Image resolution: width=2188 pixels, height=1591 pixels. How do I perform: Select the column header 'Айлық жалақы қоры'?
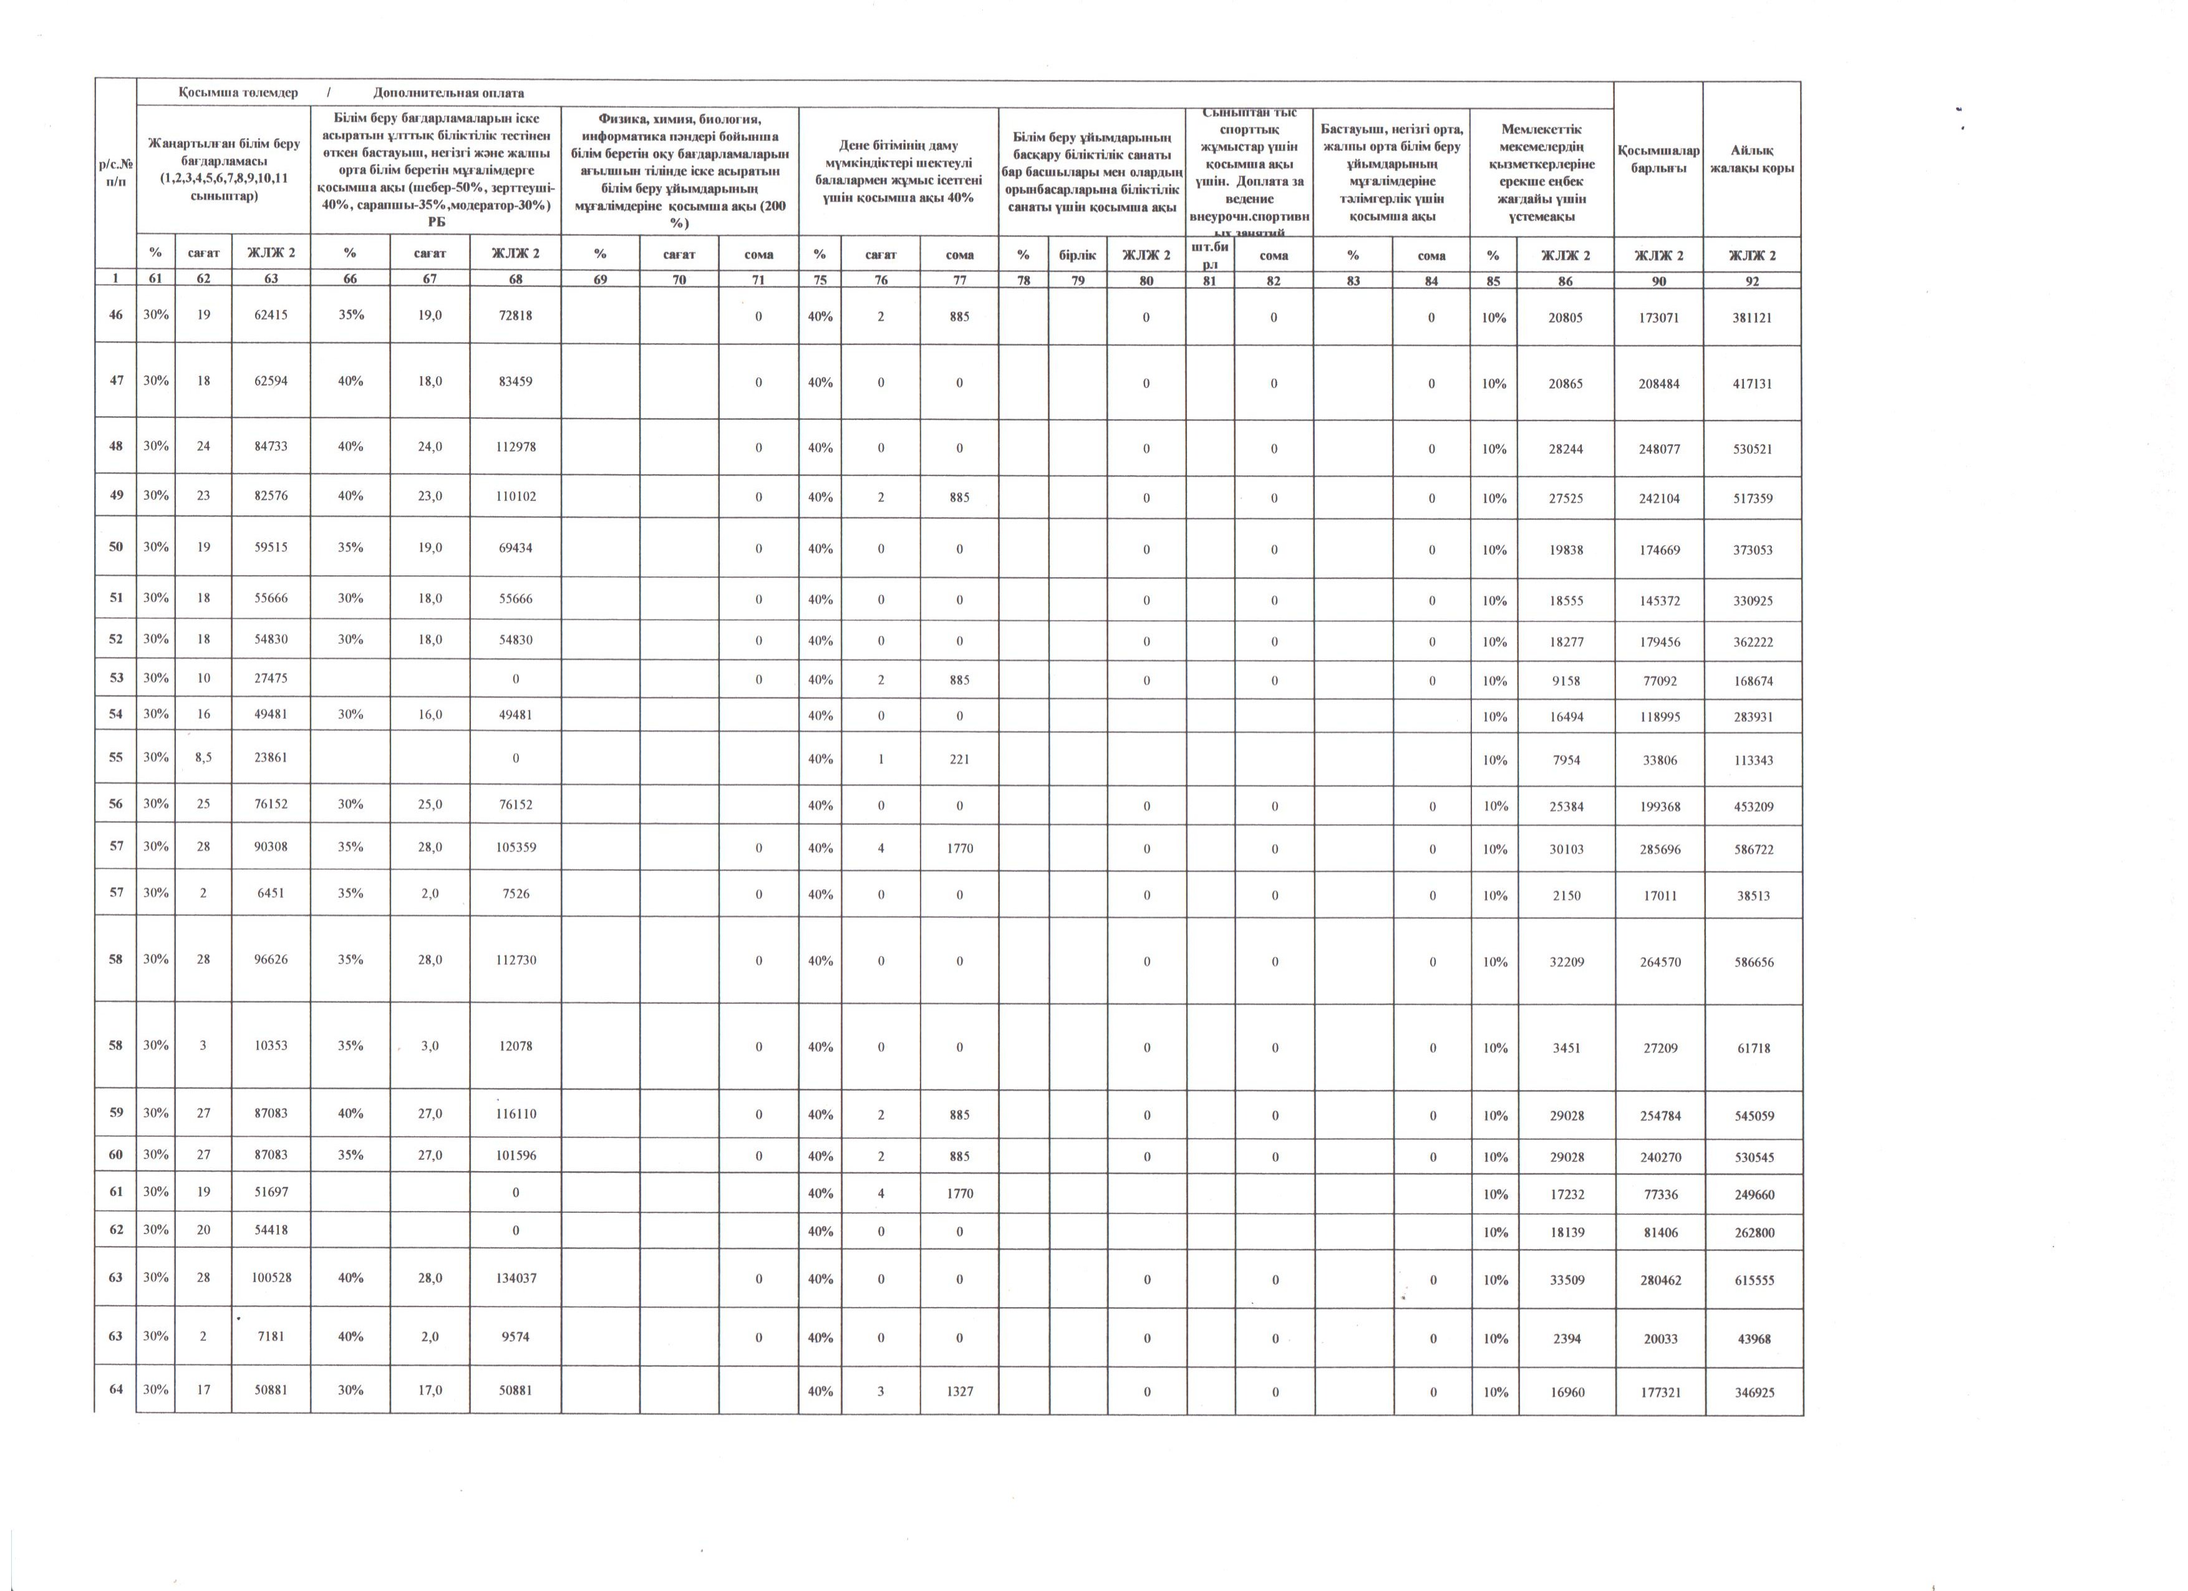[1752, 159]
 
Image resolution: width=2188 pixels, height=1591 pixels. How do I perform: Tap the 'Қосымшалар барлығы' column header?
[1658, 159]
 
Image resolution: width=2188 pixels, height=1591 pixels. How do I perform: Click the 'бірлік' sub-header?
[1078, 255]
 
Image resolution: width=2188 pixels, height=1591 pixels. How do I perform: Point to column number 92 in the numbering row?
[1752, 281]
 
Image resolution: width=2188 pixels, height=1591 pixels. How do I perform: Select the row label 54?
[116, 715]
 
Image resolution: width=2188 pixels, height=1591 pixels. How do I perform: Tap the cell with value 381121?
[1752, 318]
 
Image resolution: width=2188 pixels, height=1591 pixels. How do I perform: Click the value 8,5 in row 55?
[203, 758]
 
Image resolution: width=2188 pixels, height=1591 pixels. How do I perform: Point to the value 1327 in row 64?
[959, 1391]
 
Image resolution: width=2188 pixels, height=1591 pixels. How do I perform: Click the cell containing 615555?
[1753, 1280]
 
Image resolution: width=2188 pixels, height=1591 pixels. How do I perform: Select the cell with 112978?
[515, 448]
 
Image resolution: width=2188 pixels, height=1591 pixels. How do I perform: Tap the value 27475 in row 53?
[271, 679]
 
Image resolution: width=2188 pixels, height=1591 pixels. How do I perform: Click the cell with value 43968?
[1753, 1339]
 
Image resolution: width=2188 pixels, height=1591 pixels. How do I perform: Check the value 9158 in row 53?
[1566, 680]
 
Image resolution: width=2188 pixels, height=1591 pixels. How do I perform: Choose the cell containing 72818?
[515, 316]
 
